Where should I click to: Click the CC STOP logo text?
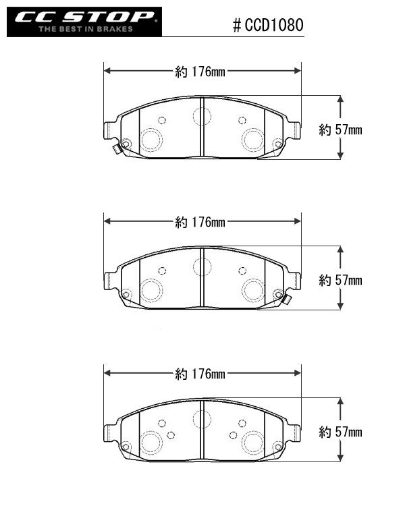click(84, 17)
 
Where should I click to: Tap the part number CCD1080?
click(274, 25)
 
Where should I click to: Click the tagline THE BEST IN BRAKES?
click(86, 29)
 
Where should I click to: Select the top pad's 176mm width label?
click(200, 72)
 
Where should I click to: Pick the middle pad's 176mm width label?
click(200, 222)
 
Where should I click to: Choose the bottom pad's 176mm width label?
click(200, 374)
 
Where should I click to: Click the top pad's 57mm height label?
click(340, 130)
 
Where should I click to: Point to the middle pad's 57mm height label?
click(340, 281)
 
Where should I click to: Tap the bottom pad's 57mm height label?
click(340, 432)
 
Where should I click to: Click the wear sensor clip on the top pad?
click(116, 149)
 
